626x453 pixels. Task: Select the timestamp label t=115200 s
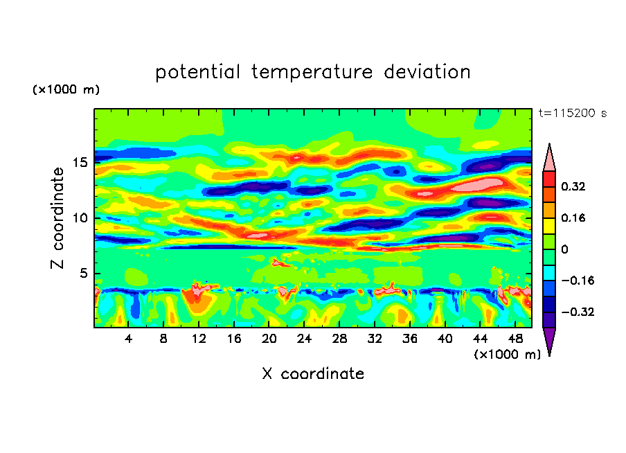[x=572, y=114]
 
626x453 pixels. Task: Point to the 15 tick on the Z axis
[x=81, y=163]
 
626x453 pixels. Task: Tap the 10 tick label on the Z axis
[x=81, y=218]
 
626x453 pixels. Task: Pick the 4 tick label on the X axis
[x=129, y=339]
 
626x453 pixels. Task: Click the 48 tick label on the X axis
[x=515, y=339]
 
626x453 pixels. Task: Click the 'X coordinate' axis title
[x=313, y=374]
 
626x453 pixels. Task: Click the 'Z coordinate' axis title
[x=58, y=218]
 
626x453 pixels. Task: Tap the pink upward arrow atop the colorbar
[x=549, y=158]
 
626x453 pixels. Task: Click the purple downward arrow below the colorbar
[x=549, y=341]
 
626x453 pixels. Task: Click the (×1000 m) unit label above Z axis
[x=66, y=90]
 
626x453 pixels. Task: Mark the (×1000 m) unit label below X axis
[x=507, y=355]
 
